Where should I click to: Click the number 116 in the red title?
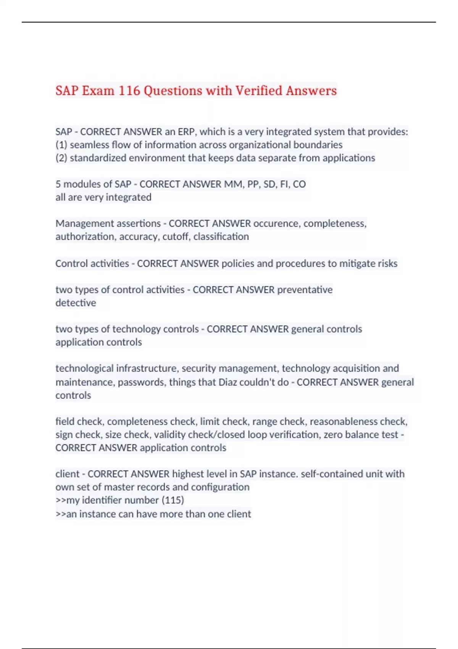click(x=129, y=91)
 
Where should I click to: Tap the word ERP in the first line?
click(x=186, y=132)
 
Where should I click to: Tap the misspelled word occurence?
click(x=277, y=223)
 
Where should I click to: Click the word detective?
click(x=76, y=303)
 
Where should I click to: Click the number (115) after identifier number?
click(x=173, y=500)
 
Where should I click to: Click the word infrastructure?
click(x=147, y=368)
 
